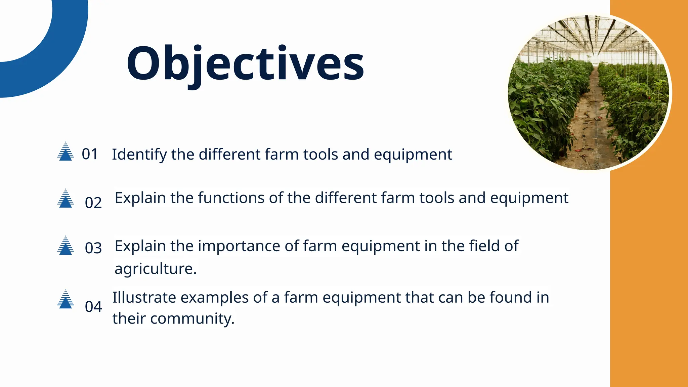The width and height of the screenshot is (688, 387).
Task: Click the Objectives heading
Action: coord(245,64)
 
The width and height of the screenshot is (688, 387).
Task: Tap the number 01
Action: coord(90,154)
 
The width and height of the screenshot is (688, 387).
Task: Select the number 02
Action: coord(93,203)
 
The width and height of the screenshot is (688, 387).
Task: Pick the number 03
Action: coord(93,248)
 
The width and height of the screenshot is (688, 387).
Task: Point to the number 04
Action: coord(93,307)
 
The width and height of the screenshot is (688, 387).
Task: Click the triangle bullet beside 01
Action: coord(66,152)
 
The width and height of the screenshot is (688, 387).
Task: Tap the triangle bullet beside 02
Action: coord(66,199)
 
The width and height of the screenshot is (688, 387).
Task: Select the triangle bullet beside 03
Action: coord(66,246)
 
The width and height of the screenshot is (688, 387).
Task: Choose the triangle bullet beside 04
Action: coord(66,300)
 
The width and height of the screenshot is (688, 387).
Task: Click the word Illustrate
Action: coord(144,298)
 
